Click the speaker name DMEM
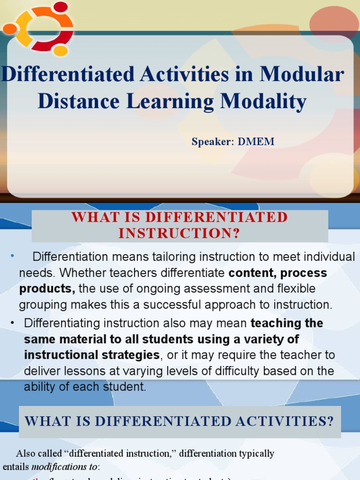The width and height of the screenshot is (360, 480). click(x=256, y=142)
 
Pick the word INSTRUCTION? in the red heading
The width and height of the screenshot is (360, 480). click(x=179, y=233)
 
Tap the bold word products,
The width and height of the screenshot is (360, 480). click(x=47, y=289)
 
